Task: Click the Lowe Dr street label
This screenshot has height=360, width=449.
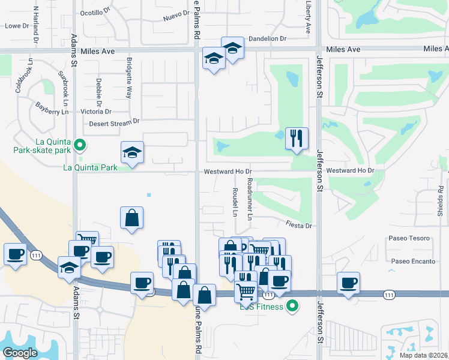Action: coord(17,26)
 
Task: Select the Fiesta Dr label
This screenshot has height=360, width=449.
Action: coord(300,226)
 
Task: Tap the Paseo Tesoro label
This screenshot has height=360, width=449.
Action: coord(409,238)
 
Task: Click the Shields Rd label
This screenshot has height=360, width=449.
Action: coord(440,201)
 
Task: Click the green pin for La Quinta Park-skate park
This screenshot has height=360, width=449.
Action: coord(79,145)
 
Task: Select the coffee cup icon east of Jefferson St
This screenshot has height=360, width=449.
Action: coord(348,283)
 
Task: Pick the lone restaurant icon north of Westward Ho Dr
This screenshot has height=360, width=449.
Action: coord(296,139)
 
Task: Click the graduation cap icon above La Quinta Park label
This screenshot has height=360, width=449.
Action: coord(132,152)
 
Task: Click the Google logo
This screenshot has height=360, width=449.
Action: coord(20,353)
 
